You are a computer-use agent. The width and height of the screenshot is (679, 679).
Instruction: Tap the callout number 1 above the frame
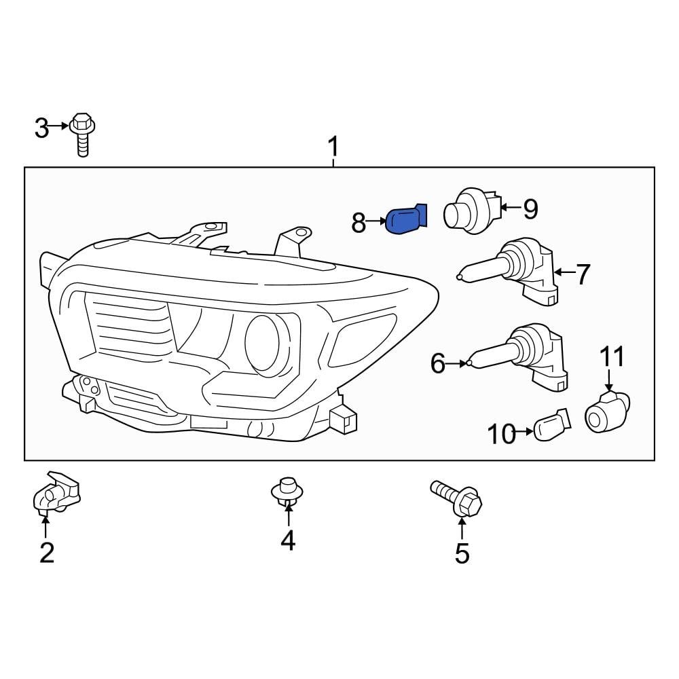click(x=333, y=145)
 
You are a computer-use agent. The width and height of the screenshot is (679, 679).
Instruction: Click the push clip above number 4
click(x=287, y=492)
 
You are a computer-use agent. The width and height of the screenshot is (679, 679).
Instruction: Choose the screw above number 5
click(x=458, y=499)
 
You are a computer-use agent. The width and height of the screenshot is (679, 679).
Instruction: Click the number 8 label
click(x=359, y=222)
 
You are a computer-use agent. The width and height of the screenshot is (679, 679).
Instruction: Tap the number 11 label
click(x=610, y=356)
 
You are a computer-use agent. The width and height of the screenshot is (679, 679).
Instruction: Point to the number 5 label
click(x=462, y=554)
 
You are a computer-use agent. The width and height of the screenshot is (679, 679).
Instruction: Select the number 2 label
click(x=46, y=553)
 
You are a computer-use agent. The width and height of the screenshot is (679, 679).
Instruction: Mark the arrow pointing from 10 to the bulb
click(x=525, y=431)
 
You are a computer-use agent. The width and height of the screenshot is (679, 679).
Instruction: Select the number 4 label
click(x=288, y=540)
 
